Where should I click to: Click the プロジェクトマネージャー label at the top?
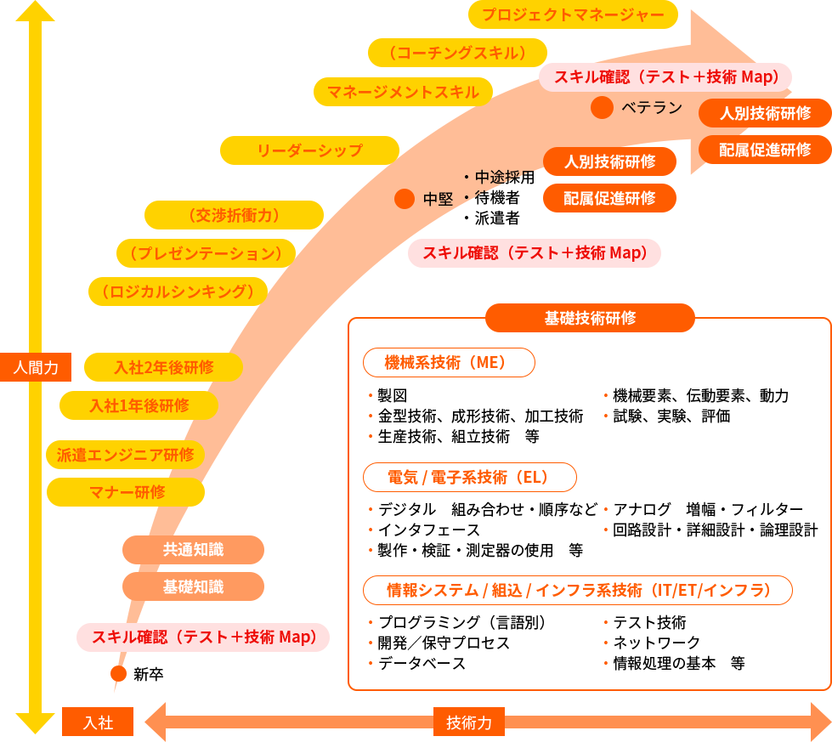pos(573,14)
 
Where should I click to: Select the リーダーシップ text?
pos(310,150)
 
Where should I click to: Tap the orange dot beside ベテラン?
pos(602,108)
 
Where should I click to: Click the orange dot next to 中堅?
pos(405,199)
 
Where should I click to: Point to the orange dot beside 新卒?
pos(119,674)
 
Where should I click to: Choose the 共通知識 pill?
pos(193,550)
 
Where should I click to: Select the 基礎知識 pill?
pos(193,586)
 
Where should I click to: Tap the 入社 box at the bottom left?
pos(99,722)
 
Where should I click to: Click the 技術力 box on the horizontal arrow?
pos(469,722)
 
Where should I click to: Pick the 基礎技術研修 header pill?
pos(590,318)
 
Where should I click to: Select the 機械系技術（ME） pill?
pos(448,363)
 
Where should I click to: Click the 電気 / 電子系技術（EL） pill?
pos(469,477)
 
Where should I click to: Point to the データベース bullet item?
pos(422,664)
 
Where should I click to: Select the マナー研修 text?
pos(127,491)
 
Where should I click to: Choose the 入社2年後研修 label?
pos(164,367)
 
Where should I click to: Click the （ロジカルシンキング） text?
pos(178,292)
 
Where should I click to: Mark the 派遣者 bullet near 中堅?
pos(496,218)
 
